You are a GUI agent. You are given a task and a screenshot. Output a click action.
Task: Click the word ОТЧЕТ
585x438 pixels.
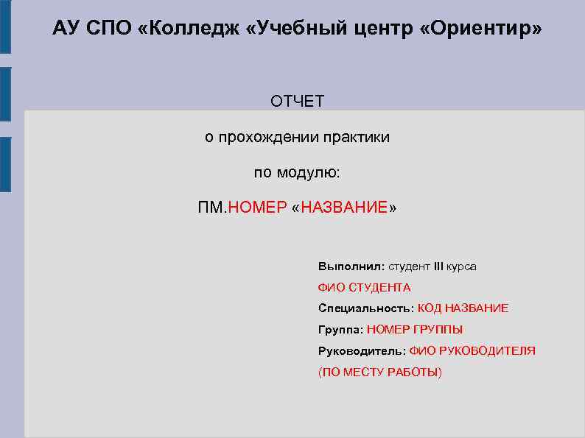click(297, 102)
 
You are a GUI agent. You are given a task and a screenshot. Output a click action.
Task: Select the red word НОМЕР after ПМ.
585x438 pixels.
click(257, 208)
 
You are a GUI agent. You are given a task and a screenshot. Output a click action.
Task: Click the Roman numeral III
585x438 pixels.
click(439, 266)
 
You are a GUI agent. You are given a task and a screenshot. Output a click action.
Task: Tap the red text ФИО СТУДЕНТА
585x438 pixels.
click(364, 287)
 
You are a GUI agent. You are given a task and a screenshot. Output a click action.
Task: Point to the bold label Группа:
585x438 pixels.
click(340, 330)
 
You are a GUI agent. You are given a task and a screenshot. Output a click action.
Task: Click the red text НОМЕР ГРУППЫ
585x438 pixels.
click(415, 330)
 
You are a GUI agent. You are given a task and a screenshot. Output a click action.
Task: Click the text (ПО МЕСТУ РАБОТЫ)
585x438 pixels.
click(379, 372)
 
